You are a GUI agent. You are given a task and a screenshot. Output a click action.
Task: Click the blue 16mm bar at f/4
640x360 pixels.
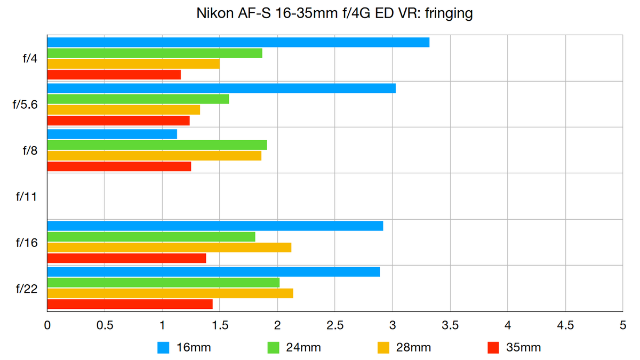pos(238,42)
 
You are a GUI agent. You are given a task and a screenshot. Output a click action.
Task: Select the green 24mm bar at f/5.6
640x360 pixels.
pos(138,99)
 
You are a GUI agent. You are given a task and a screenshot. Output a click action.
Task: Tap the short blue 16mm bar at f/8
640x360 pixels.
pos(112,134)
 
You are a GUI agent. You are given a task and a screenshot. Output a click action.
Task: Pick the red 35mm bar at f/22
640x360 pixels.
pos(130,304)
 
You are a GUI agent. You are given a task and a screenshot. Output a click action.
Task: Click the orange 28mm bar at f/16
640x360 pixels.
pos(169,247)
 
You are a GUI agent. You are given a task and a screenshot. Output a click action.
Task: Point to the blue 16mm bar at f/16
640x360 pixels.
pos(215,226)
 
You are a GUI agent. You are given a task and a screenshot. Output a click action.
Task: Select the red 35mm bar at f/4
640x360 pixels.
pos(114,75)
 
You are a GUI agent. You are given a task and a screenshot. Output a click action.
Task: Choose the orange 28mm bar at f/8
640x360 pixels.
pos(154,156)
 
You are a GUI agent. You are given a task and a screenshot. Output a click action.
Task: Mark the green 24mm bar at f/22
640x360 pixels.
pos(163,282)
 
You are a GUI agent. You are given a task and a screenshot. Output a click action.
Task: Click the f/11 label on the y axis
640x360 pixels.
pos(26,196)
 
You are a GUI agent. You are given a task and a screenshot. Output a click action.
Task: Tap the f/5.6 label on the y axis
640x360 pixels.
pos(25,105)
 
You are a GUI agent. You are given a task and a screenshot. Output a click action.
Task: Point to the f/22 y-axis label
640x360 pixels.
pos(26,289)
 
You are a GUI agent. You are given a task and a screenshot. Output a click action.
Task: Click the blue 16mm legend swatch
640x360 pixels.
pos(164,348)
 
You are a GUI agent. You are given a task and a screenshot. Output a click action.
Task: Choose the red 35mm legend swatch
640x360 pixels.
pos(493,348)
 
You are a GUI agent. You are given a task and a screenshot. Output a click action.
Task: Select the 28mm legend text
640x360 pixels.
pos(413,348)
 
